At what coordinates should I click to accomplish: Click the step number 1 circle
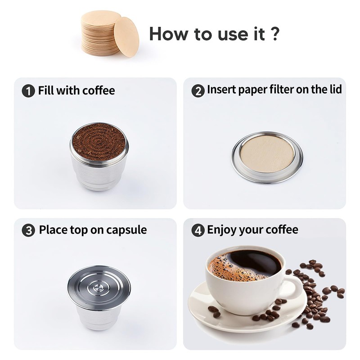click(28, 91)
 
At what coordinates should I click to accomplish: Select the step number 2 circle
click(198, 91)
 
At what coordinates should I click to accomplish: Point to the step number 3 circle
click(28, 230)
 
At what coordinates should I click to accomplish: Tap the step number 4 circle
click(198, 230)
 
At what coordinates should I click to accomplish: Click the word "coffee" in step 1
click(99, 90)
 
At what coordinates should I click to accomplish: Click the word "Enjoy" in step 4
click(221, 230)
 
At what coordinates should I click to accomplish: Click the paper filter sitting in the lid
click(267, 155)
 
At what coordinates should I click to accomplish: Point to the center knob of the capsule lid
click(99, 287)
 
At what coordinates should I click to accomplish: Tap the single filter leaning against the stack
click(126, 37)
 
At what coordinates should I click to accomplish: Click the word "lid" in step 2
click(336, 89)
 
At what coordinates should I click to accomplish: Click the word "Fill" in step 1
click(46, 90)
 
